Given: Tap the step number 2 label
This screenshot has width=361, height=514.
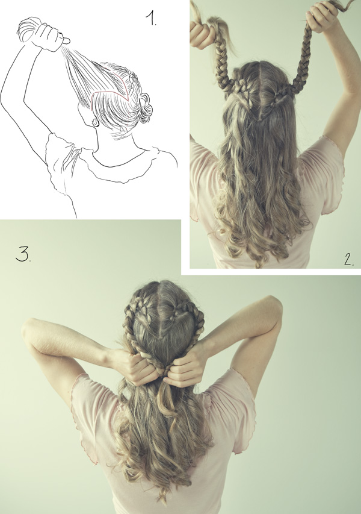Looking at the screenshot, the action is pyautogui.click(x=349, y=259).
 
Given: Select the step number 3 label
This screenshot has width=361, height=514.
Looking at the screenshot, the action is pyautogui.click(x=23, y=254).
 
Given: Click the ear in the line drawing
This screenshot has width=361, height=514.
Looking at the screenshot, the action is pyautogui.click(x=95, y=122).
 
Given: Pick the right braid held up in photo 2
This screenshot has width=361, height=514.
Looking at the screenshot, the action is pyautogui.click(x=303, y=59).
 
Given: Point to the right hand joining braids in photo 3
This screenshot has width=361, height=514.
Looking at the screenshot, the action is pyautogui.click(x=185, y=366).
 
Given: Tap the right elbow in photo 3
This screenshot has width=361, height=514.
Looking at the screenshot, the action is pyautogui.click(x=273, y=307).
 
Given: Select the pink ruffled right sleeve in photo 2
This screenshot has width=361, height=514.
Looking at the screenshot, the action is pyautogui.click(x=324, y=174).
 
